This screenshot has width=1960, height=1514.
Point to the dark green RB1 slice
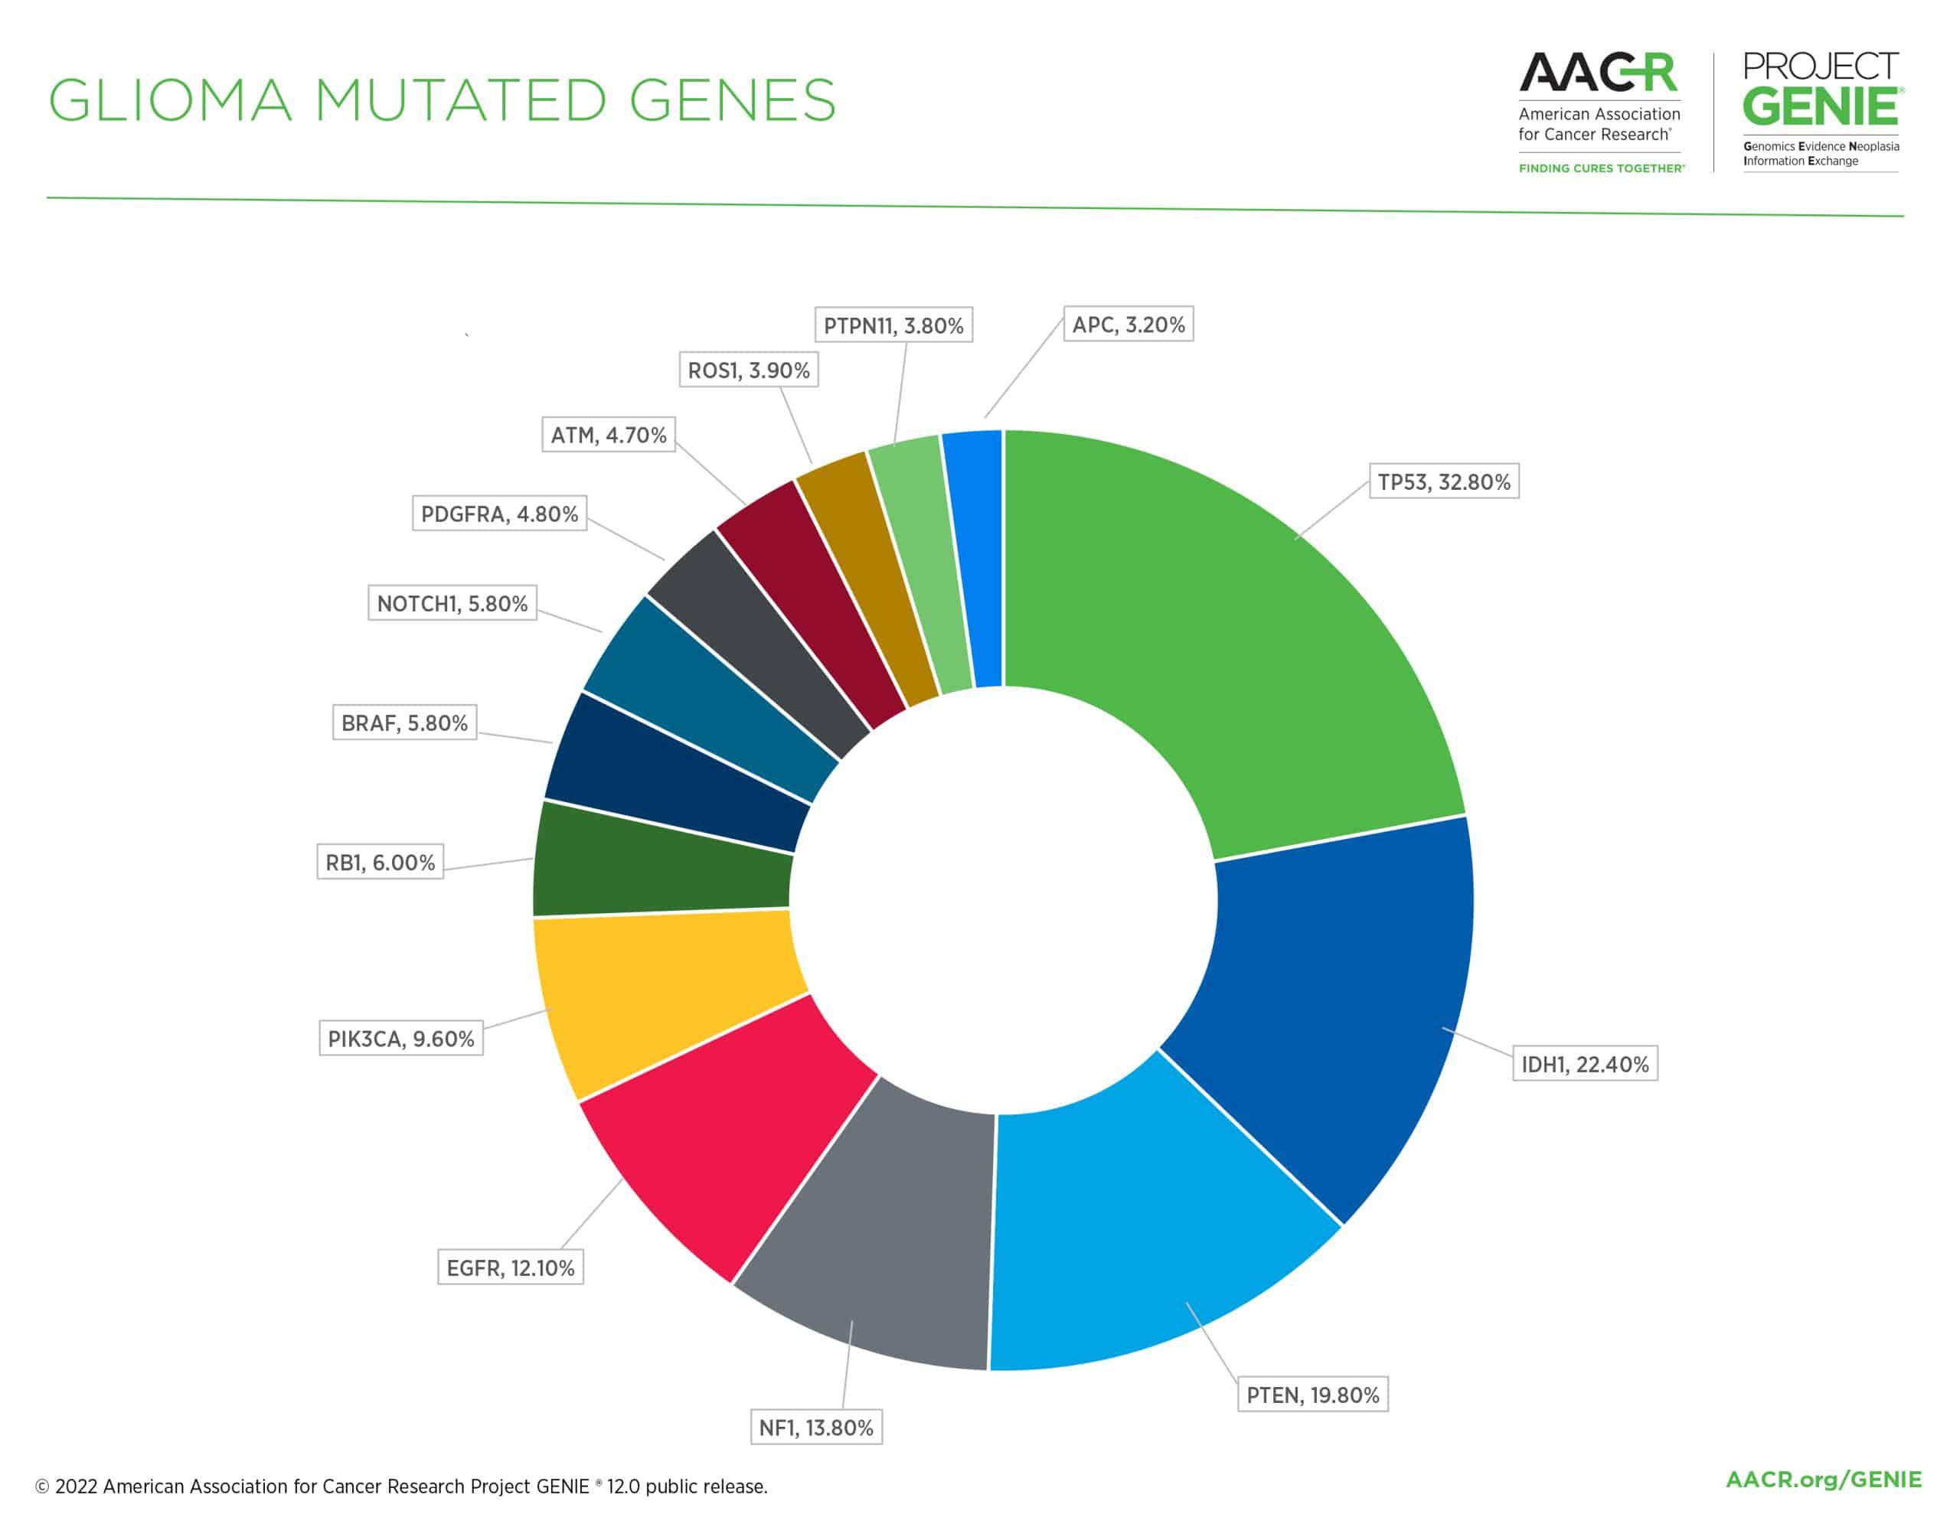click(660, 862)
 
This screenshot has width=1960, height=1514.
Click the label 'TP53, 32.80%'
click(1443, 482)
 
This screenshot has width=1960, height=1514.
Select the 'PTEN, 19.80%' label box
click(1312, 1395)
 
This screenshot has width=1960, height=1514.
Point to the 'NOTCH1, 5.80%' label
click(452, 603)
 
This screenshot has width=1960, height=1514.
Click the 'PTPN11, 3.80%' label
click(893, 325)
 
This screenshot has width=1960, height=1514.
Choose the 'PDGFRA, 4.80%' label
click(499, 514)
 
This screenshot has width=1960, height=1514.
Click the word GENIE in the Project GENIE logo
click(1821, 107)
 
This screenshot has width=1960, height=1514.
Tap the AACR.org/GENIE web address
click(1824, 1479)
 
